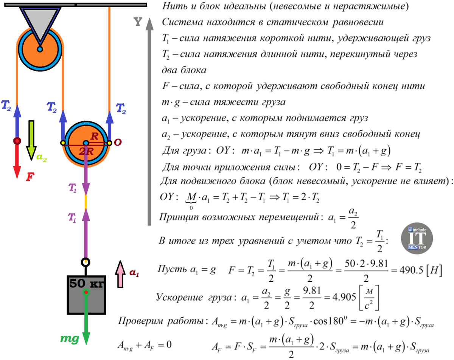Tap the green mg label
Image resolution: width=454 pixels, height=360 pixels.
[70, 338]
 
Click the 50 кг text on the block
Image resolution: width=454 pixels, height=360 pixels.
[86, 284]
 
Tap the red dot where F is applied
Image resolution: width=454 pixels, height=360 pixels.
[17, 141]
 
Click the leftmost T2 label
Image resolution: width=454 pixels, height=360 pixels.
[6, 106]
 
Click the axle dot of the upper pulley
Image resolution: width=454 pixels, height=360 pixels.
[40, 49]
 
